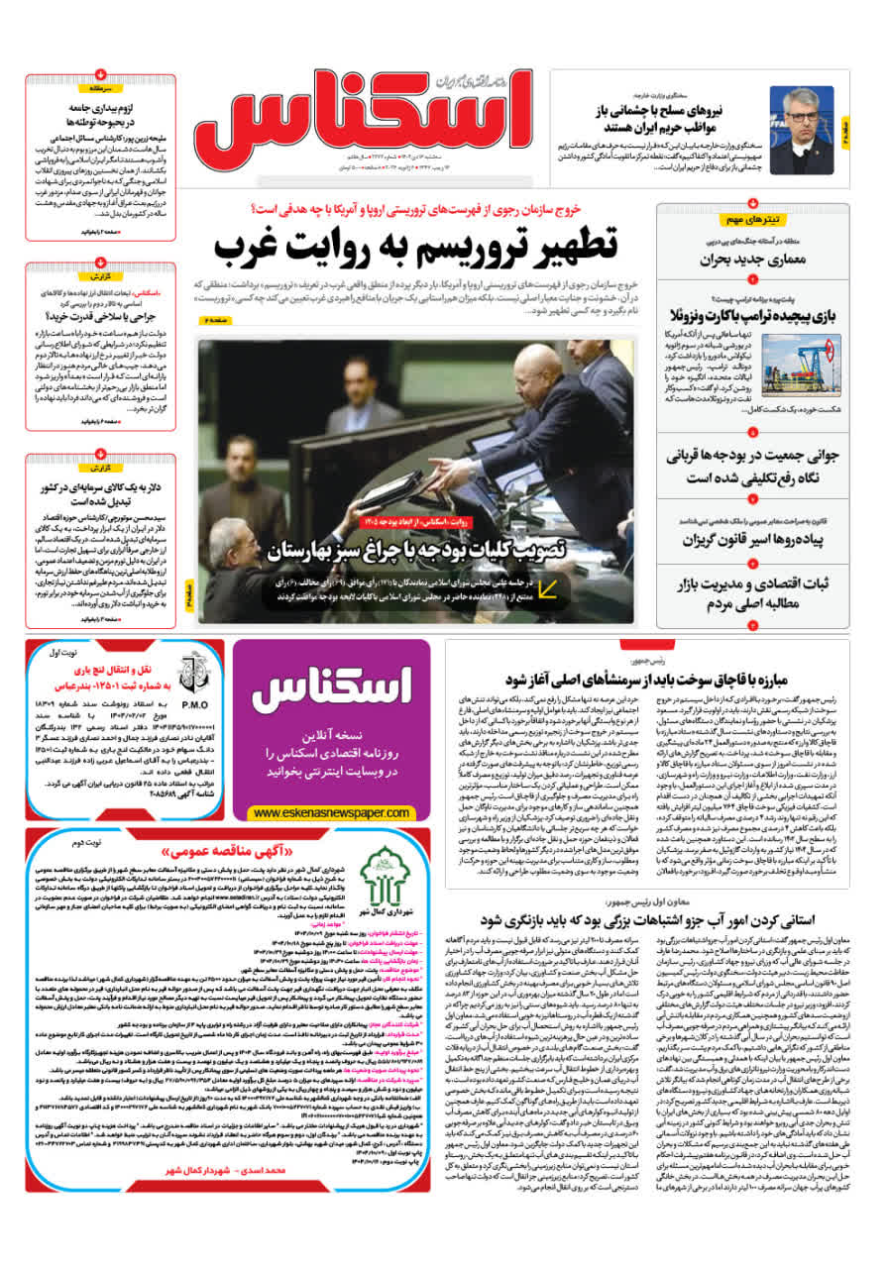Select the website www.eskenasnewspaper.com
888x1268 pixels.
[332, 812]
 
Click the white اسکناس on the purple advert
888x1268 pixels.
[332, 688]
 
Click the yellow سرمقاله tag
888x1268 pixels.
[101, 88]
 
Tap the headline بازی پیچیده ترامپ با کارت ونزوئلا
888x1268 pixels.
[752, 317]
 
